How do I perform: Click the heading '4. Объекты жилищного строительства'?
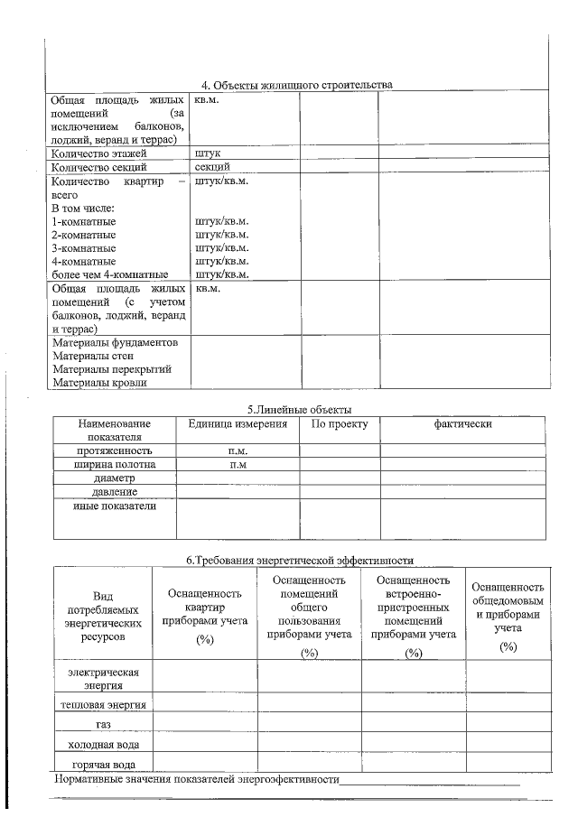[x=296, y=85]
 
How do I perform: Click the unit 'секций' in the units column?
[x=212, y=166]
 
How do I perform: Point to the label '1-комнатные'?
[x=84, y=220]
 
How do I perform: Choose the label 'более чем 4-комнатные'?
[x=110, y=274]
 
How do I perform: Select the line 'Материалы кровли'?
[x=99, y=383]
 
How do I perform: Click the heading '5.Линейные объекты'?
[x=299, y=409]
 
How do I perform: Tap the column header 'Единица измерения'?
[x=237, y=423]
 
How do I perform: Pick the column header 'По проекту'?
[x=340, y=423]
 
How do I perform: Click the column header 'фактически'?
[x=461, y=423]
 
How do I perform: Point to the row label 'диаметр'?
[x=114, y=478]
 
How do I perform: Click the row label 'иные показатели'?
[x=114, y=506]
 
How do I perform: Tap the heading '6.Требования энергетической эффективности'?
[x=299, y=560]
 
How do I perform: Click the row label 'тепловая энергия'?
[x=103, y=703]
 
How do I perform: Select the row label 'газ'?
[x=103, y=724]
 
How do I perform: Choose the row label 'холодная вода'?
[x=103, y=745]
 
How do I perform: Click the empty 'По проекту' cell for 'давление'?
[x=340, y=492]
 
